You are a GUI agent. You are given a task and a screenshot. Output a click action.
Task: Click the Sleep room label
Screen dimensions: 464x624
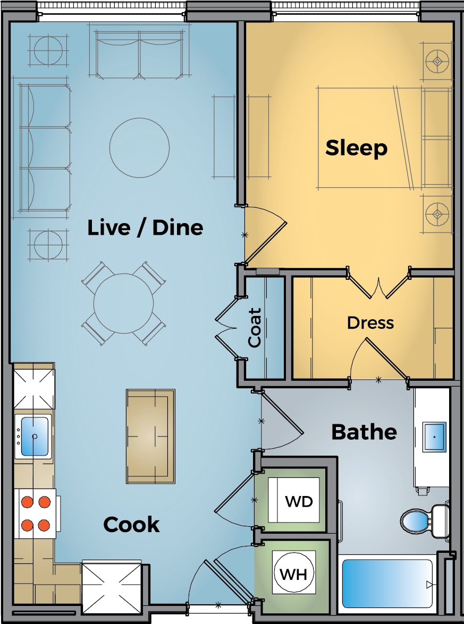pyautogui.click(x=356, y=148)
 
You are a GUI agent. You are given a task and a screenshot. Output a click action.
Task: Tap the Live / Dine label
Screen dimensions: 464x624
pyautogui.click(x=145, y=228)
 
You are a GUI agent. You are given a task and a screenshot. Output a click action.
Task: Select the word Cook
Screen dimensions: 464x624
pyautogui.click(x=131, y=525)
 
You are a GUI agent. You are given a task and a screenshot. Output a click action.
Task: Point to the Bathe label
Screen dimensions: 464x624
pyautogui.click(x=364, y=432)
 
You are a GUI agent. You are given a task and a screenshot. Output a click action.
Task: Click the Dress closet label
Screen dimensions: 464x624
pyautogui.click(x=370, y=323)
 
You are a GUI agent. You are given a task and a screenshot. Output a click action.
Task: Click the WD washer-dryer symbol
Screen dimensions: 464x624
pyautogui.click(x=293, y=500)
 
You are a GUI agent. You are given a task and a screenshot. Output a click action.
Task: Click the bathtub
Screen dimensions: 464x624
pyautogui.click(x=387, y=584)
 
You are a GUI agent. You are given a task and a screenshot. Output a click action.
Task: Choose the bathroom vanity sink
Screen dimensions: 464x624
pyautogui.click(x=434, y=438)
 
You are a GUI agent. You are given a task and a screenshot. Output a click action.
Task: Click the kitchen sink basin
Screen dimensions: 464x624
pyautogui.click(x=34, y=437)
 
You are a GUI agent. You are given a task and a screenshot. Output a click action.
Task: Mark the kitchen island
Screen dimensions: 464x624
pyautogui.click(x=150, y=436)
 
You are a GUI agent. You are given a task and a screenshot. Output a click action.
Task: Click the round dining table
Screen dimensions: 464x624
pyautogui.click(x=123, y=303)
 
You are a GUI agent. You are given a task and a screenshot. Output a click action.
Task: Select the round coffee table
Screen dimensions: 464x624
pyautogui.click(x=139, y=148)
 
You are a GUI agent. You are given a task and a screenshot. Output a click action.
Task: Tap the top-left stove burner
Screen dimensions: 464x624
pyautogui.click(x=27, y=502)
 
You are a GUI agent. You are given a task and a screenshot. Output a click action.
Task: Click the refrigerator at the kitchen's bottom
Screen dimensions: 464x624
pyautogui.click(x=112, y=586)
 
